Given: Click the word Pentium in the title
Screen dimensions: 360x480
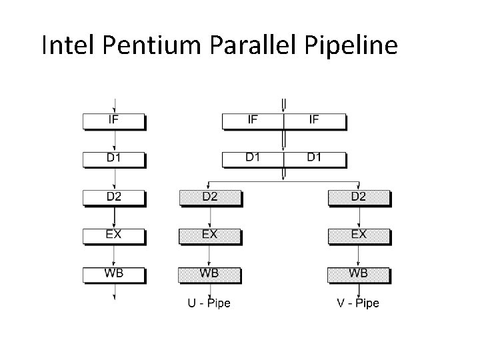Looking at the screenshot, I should [x=146, y=45].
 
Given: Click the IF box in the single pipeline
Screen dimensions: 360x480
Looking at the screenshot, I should [x=114, y=121].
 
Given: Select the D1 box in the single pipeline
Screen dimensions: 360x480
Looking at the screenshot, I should [x=114, y=159].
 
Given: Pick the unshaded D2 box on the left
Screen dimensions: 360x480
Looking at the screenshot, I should [x=114, y=197].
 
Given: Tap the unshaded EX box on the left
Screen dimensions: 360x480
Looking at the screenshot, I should [x=114, y=235].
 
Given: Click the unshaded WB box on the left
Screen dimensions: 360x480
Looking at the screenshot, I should [x=114, y=274].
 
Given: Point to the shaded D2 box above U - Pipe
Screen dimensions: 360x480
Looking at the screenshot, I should [x=210, y=197].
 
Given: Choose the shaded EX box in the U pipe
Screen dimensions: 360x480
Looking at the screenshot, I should [x=210, y=235].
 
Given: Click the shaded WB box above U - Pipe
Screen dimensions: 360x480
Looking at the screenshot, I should [x=210, y=274].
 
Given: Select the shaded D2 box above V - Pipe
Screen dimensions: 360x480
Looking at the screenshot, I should [x=359, y=197].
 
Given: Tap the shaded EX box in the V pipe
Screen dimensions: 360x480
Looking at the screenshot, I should [x=359, y=235].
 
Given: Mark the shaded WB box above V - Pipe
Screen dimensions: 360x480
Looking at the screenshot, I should [x=359, y=274].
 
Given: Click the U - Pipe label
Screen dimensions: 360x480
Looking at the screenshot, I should [x=209, y=303].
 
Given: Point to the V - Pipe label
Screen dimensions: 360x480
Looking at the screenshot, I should [x=358, y=303].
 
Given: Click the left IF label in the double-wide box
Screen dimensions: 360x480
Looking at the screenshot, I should [x=253, y=120].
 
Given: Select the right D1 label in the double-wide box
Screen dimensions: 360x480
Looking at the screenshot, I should [x=314, y=158].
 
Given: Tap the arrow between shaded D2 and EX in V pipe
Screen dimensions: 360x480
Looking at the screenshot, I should [x=359, y=217].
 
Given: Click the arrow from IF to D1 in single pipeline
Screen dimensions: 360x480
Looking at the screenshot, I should [x=116, y=141].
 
